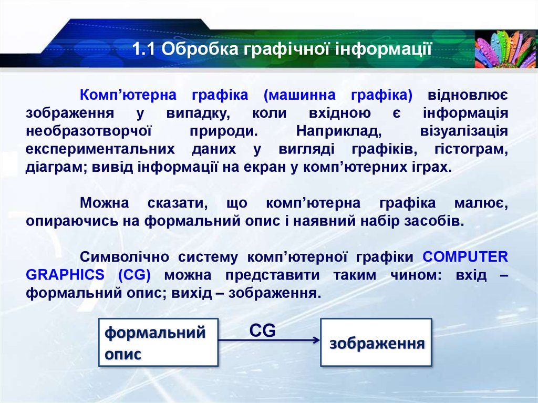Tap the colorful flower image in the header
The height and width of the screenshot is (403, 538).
click(x=506, y=49)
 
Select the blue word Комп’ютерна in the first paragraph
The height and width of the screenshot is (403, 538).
click(x=128, y=95)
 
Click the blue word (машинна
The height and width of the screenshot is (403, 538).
click(x=299, y=95)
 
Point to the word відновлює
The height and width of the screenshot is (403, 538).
click(x=468, y=95)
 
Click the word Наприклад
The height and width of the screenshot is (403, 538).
click(x=339, y=131)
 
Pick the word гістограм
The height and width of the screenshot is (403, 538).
click(x=471, y=149)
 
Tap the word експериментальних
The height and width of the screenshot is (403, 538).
click(x=100, y=150)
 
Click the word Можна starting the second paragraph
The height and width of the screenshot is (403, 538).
click(x=105, y=203)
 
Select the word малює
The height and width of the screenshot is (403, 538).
click(x=481, y=203)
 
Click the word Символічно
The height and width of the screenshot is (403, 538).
click(x=125, y=257)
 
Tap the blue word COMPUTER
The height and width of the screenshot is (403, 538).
click(x=465, y=257)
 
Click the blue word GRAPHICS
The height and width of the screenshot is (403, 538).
click(x=65, y=275)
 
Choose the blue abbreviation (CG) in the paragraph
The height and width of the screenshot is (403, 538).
click(x=134, y=275)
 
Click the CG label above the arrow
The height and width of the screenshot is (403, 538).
click(x=263, y=330)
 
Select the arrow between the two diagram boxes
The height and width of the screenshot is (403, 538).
click(x=269, y=340)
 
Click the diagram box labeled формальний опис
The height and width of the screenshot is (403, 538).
click(x=158, y=342)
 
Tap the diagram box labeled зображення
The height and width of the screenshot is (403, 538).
click(x=376, y=342)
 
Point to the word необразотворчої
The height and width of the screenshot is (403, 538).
click(x=88, y=131)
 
